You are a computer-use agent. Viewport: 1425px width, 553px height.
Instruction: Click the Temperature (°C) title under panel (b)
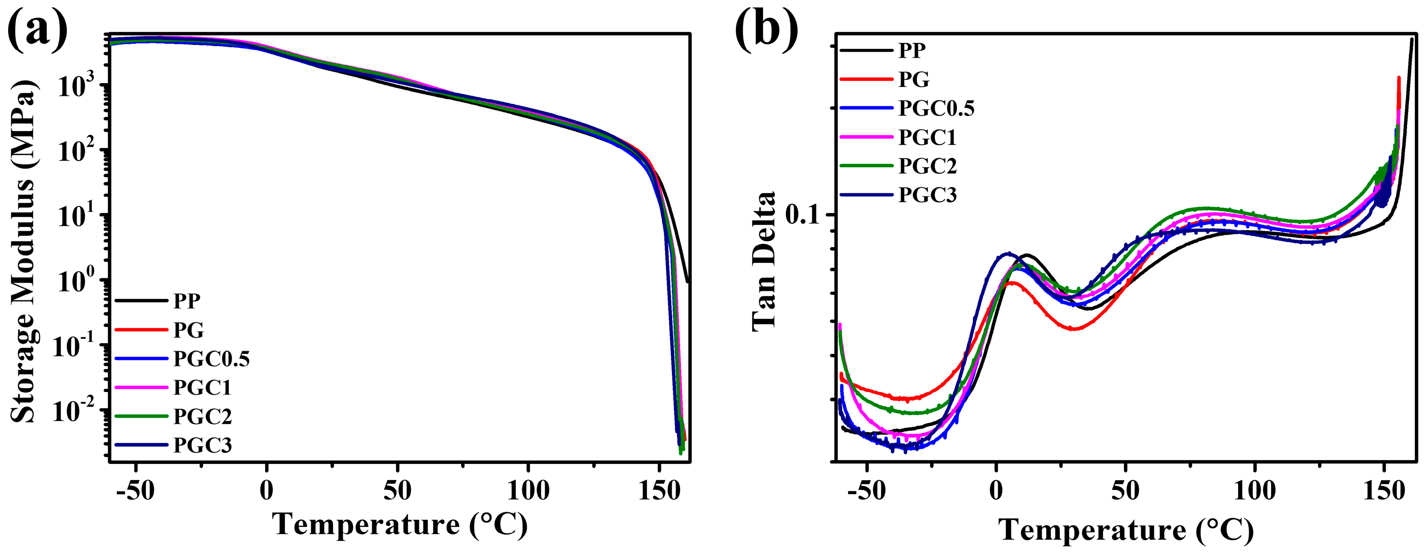pos(1126,530)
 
